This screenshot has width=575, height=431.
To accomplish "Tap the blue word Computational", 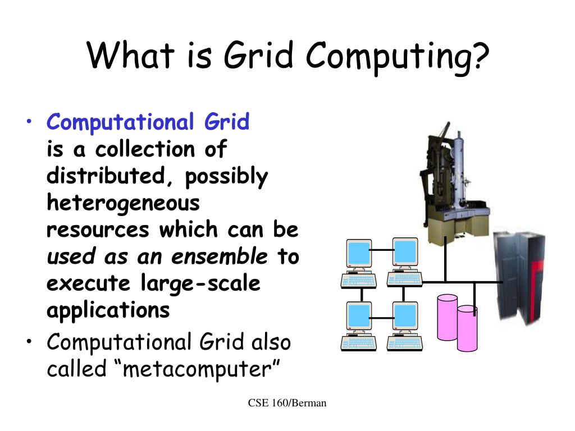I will (118, 122).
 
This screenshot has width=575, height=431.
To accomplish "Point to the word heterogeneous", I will (123, 203).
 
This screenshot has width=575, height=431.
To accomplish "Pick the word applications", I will (108, 310).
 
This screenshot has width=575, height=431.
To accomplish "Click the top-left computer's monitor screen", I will (359, 254).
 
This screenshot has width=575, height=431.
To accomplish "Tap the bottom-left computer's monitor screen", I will (359, 316).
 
